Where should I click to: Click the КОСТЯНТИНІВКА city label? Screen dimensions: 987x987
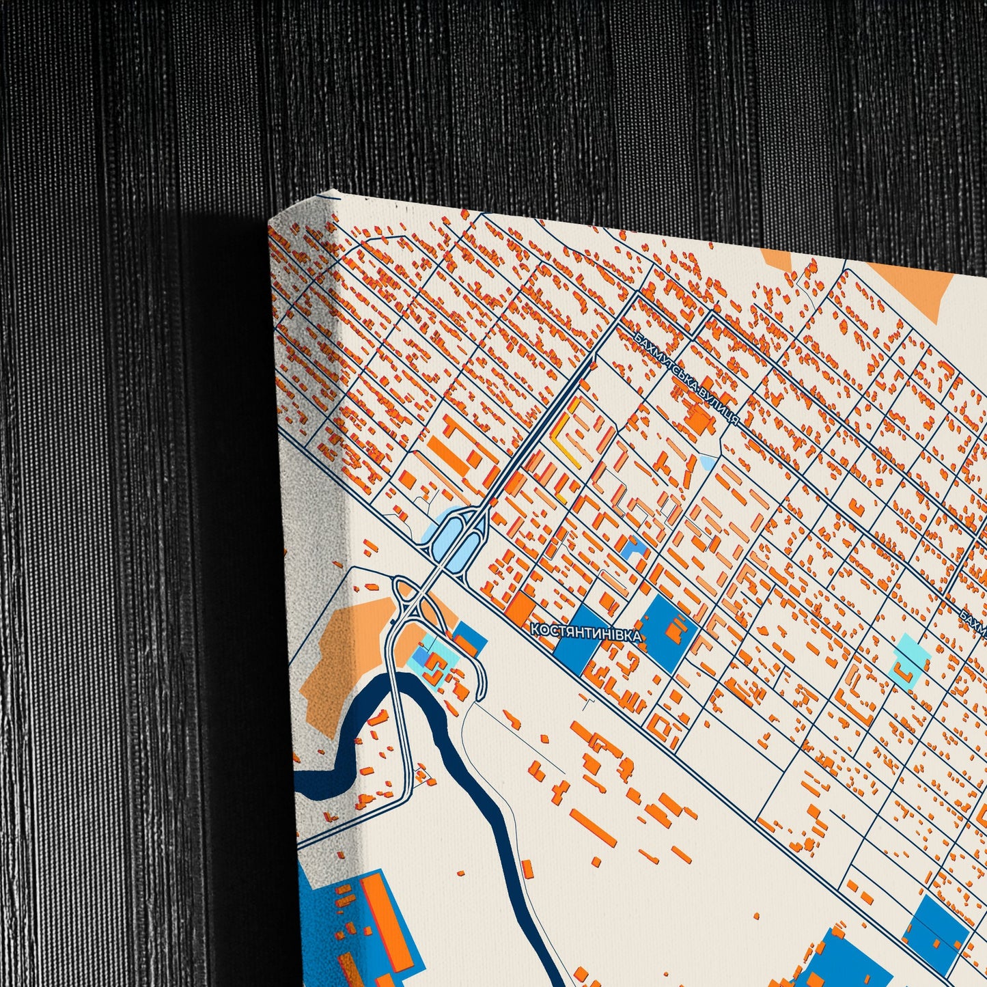click(x=587, y=632)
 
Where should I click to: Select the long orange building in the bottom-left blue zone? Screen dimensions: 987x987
click(x=386, y=915)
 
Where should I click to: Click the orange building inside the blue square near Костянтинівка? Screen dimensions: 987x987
click(x=675, y=629)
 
